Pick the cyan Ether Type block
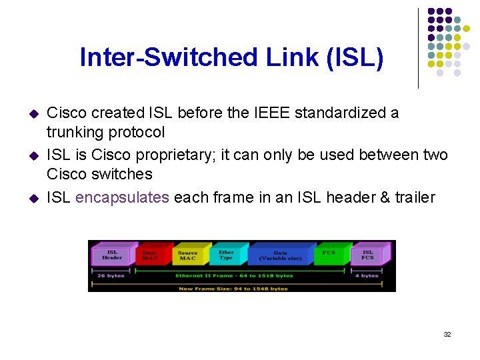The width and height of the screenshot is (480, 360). (x=226, y=255)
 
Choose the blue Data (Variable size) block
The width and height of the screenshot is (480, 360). (x=281, y=255)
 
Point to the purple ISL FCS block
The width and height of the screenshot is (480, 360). (x=368, y=255)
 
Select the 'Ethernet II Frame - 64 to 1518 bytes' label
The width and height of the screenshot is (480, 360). (x=234, y=275)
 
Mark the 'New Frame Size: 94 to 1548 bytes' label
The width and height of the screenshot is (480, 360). (x=233, y=289)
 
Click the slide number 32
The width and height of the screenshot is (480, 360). (x=447, y=334)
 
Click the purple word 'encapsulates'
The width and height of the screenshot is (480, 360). (x=122, y=197)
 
